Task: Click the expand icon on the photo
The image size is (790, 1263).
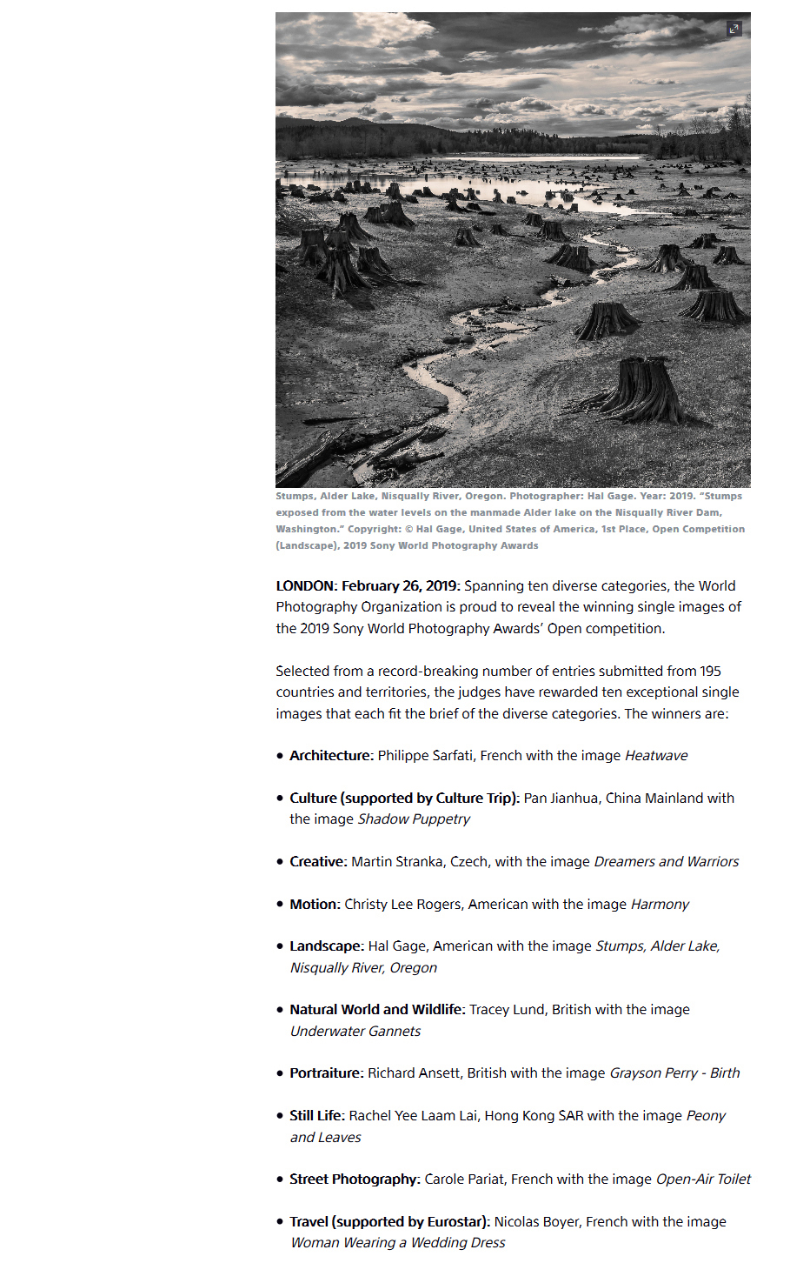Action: (734, 29)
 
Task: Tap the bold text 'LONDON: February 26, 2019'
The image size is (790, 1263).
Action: (366, 586)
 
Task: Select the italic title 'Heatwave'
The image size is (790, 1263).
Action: (656, 756)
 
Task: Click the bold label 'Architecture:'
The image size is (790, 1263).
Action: (331, 756)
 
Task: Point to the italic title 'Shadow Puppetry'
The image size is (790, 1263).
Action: (414, 819)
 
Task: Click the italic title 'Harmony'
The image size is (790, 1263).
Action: (660, 905)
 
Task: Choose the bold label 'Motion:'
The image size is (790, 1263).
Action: (315, 905)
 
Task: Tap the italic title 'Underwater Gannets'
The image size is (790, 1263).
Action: (355, 1032)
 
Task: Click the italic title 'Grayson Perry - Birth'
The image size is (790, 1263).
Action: (674, 1073)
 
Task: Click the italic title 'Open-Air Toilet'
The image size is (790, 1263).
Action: (703, 1179)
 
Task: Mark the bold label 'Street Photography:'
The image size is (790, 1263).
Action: (355, 1179)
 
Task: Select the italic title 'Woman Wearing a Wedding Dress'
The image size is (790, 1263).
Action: (398, 1243)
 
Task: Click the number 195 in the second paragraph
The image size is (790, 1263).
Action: (710, 672)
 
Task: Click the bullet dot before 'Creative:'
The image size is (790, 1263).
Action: (280, 862)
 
